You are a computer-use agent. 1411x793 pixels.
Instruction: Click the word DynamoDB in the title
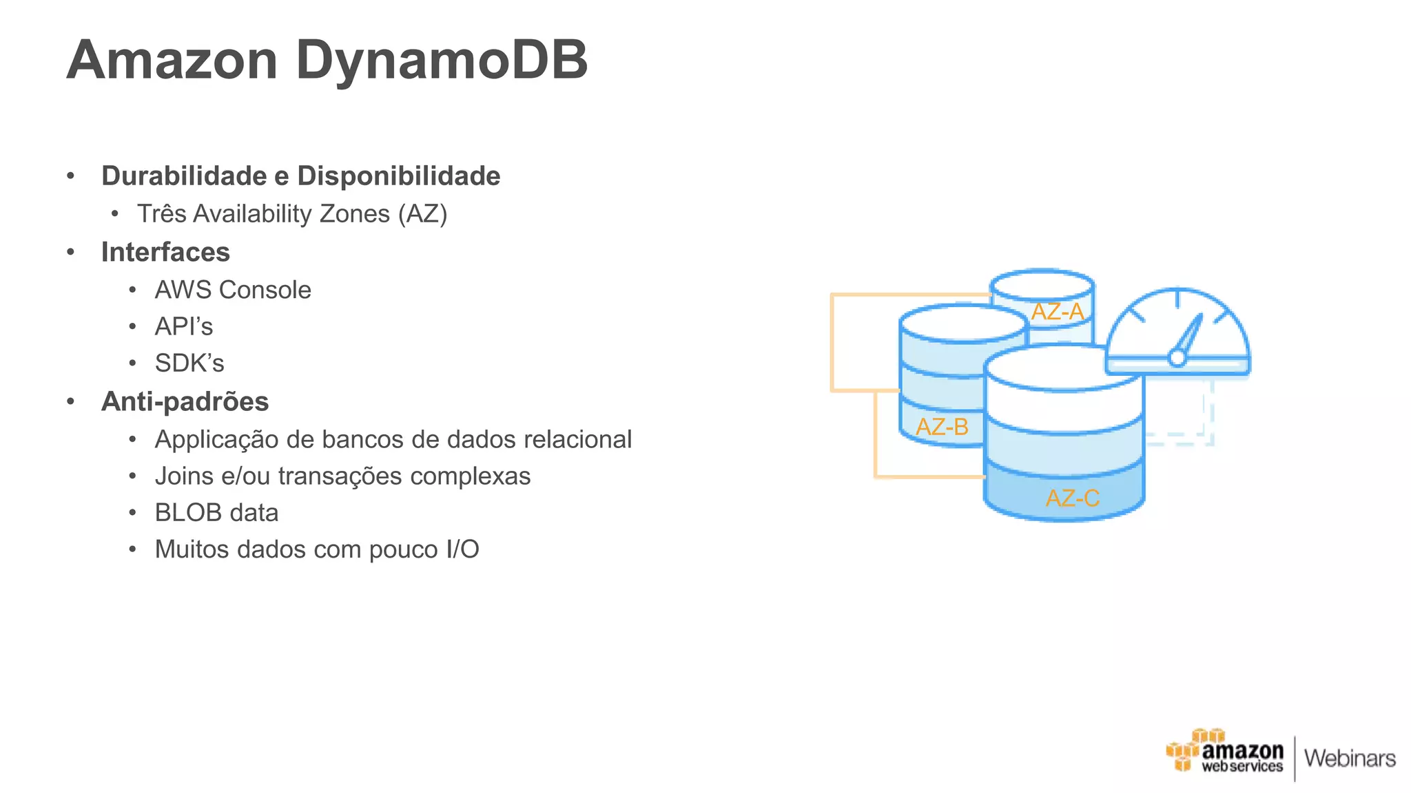tap(442, 61)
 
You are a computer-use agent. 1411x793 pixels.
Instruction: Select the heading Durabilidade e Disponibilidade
tap(300, 176)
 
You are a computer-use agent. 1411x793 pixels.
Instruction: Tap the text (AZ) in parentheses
tap(422, 214)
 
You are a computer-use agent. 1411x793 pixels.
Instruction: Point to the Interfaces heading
tap(165, 252)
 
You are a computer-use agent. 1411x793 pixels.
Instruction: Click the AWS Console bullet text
tap(233, 290)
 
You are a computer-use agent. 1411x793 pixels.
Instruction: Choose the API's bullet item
tap(184, 326)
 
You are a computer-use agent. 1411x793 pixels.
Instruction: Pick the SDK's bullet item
tap(189, 363)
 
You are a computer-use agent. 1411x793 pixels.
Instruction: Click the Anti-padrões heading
tap(185, 401)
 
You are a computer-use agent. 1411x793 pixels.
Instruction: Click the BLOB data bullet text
tap(216, 513)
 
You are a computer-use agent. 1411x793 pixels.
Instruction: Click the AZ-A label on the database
tap(1057, 312)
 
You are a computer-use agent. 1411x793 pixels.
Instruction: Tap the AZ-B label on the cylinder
tap(942, 427)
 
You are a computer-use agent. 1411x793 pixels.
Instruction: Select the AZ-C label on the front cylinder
tap(1072, 498)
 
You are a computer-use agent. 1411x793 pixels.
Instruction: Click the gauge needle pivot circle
tap(1177, 357)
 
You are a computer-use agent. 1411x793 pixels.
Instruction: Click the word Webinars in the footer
tap(1350, 759)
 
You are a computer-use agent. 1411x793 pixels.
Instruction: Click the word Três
tap(161, 214)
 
